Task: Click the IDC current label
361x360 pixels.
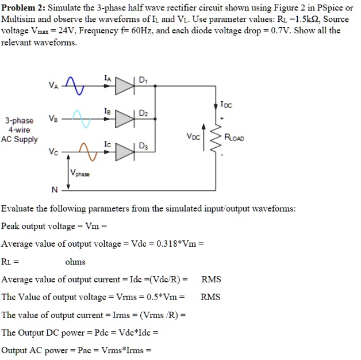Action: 226,105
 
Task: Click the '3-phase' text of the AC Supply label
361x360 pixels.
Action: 20,121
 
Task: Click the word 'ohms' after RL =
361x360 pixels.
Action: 75,262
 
